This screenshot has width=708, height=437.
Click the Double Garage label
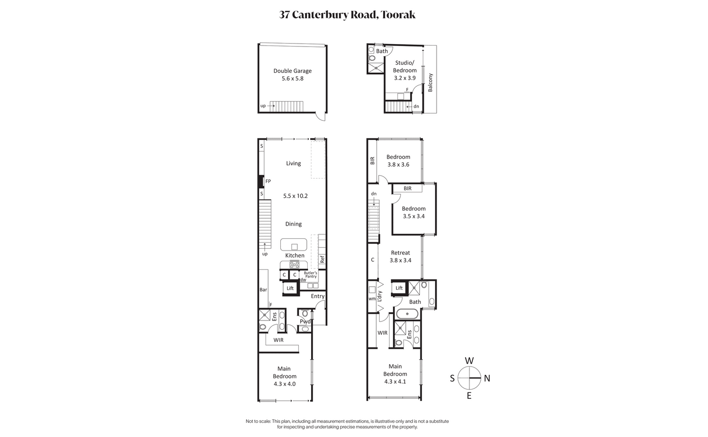293,71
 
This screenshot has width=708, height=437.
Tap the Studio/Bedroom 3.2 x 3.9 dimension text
405,78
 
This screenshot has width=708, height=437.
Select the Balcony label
430,83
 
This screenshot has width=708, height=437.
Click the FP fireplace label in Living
268,181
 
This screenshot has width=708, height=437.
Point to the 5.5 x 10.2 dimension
295,196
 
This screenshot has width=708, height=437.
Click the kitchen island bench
293,245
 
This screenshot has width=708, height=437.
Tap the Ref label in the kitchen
322,259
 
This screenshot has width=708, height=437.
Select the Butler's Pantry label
310,275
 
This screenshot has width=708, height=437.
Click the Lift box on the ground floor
290,288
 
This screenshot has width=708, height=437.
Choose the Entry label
317,296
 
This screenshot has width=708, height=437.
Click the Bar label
263,290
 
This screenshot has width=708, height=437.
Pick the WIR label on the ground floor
278,340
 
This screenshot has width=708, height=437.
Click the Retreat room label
400,253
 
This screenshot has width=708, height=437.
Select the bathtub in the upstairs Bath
408,314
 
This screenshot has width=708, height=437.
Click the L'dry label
380,296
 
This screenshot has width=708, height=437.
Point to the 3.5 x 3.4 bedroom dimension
414,216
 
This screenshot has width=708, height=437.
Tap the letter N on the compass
487,378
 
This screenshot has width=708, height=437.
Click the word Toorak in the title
398,15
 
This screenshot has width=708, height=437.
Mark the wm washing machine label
372,299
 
